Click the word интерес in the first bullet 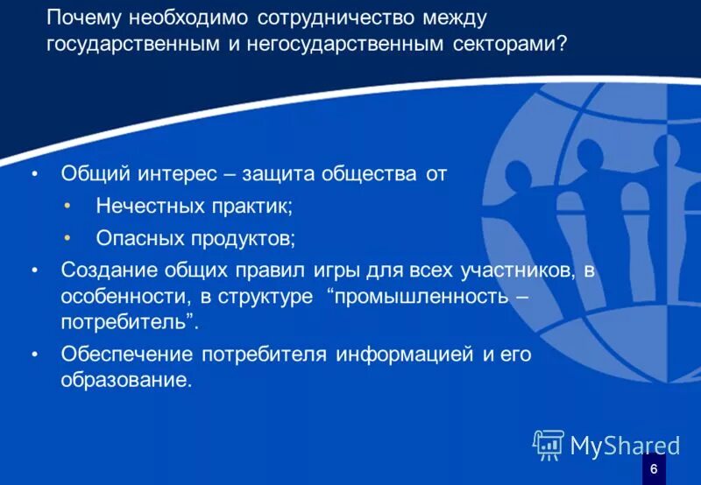(180, 173)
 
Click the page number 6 (654, 469)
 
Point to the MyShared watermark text (625, 446)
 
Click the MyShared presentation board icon (549, 445)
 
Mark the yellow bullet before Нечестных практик (69, 206)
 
